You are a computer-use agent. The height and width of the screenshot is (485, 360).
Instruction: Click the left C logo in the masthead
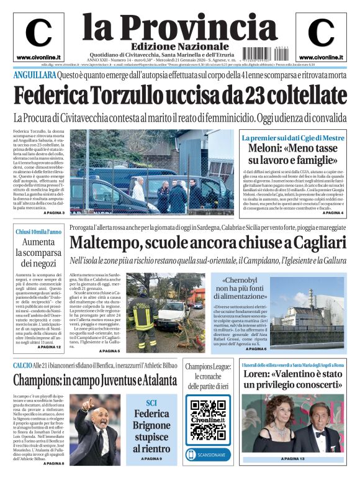[x=38, y=33]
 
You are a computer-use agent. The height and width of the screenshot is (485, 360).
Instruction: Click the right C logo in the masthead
[x=321, y=33]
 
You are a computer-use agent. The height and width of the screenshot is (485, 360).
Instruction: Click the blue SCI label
[x=151, y=403]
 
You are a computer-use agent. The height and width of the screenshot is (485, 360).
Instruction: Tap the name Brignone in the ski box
[x=151, y=426]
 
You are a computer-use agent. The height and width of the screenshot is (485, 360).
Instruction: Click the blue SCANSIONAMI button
[x=207, y=455]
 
